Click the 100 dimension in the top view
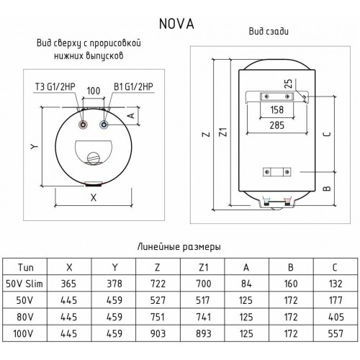tap(94, 92)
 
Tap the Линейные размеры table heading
tap(179, 246)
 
